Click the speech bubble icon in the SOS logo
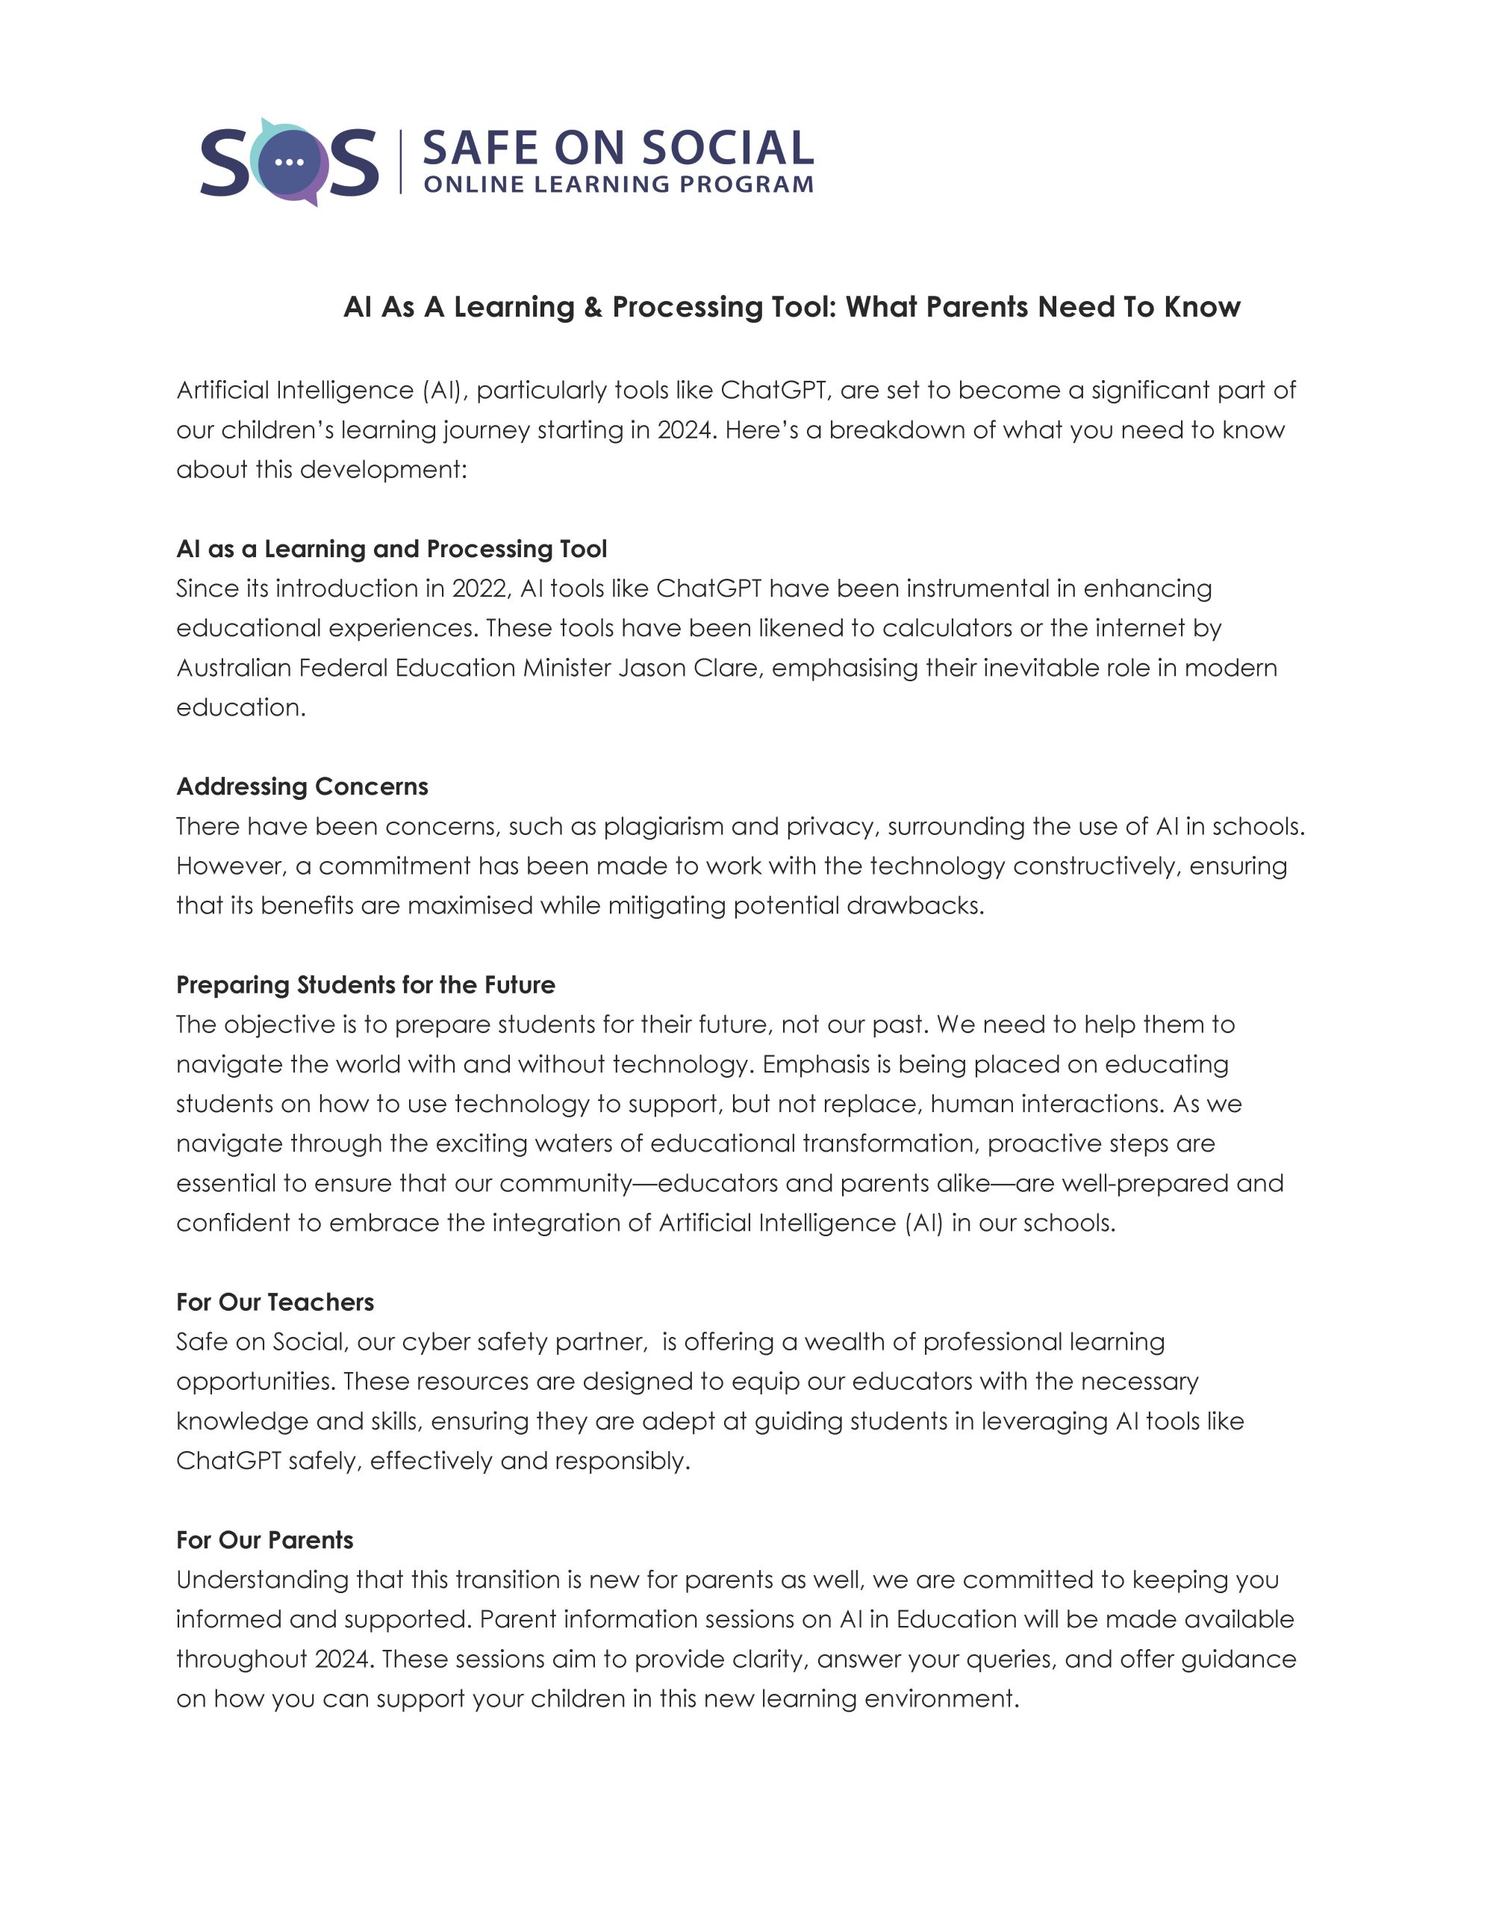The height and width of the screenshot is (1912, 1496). click(289, 163)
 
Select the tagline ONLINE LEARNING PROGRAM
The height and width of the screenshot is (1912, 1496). click(617, 185)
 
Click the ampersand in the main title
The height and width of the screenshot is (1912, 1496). click(593, 307)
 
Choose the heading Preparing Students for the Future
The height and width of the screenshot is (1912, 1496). click(365, 985)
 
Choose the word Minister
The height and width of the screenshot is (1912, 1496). click(567, 668)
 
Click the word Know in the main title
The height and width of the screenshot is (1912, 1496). click(1203, 307)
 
